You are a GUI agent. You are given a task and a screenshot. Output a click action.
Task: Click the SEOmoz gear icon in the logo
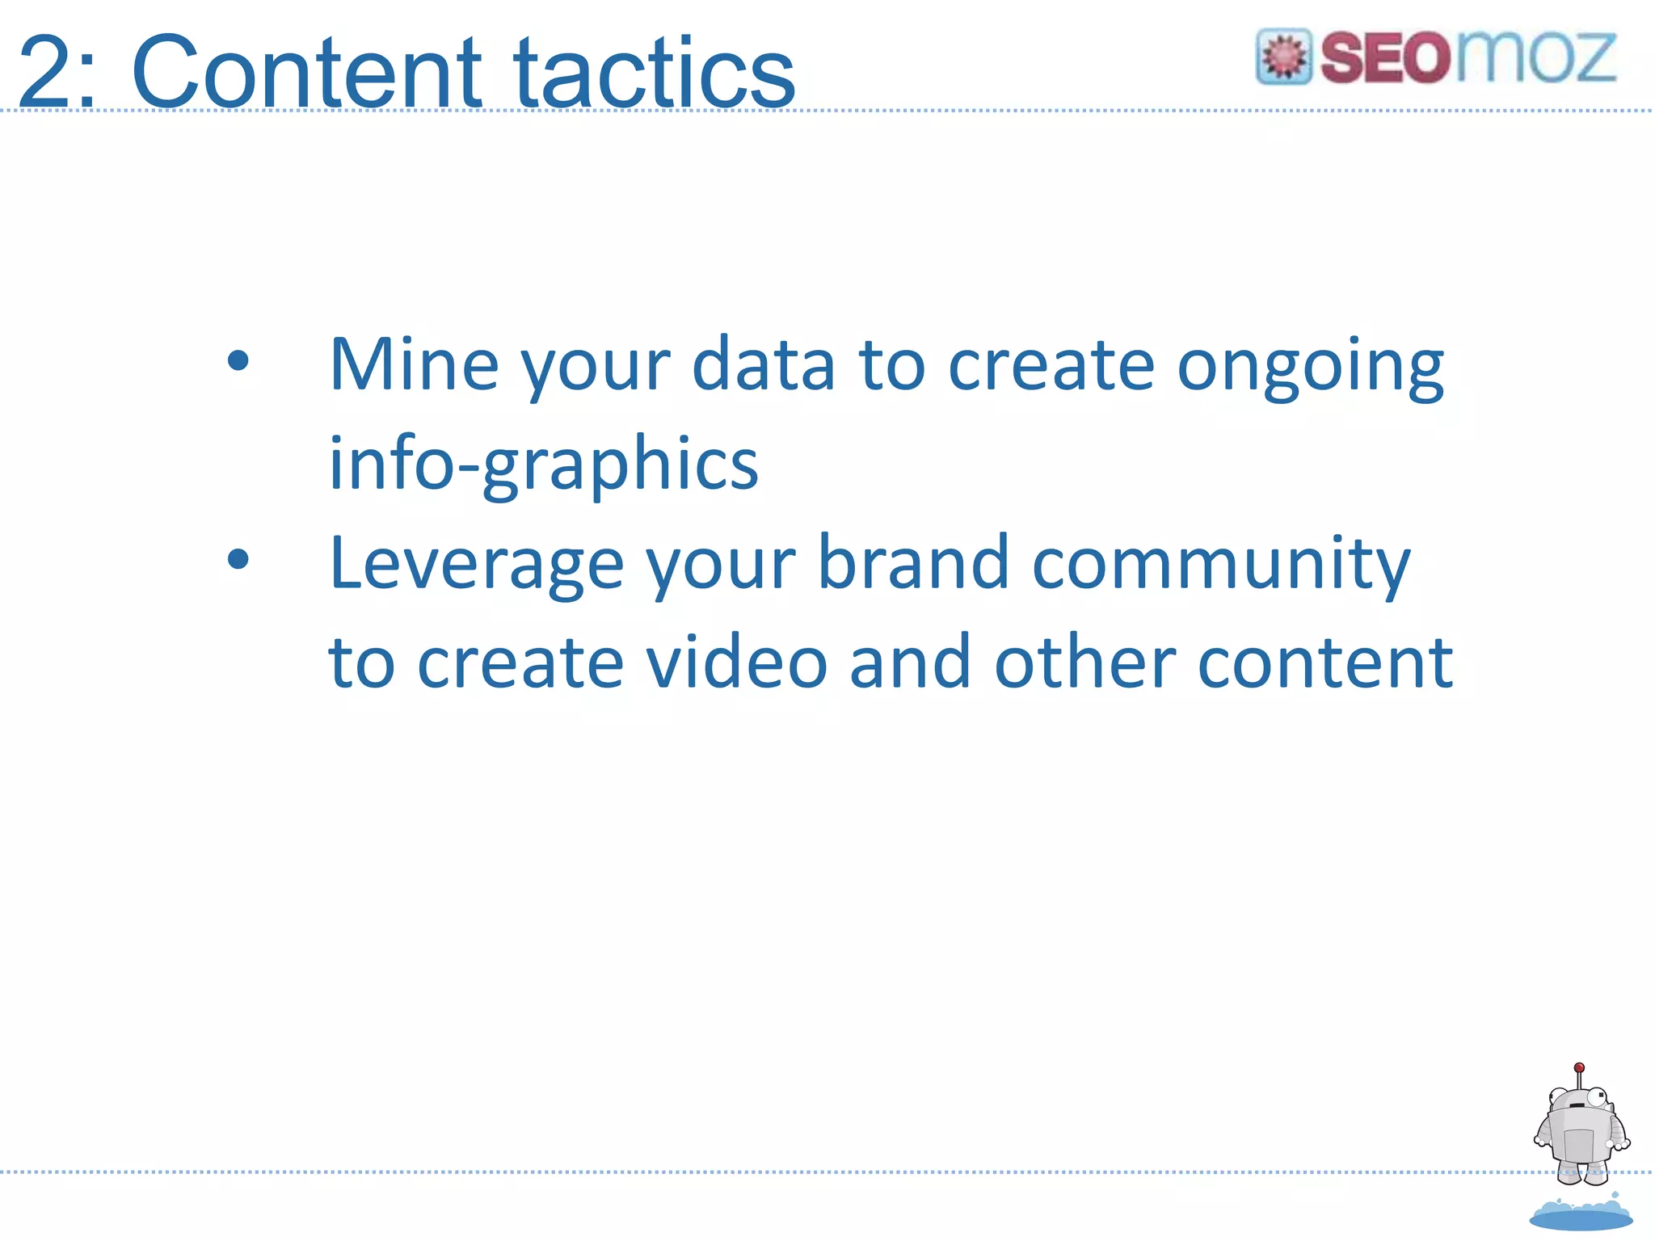(x=1283, y=57)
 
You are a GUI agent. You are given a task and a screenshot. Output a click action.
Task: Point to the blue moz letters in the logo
(x=1535, y=58)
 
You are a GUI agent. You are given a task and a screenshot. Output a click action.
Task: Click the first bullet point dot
(x=238, y=361)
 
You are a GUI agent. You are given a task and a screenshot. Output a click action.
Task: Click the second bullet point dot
(x=238, y=559)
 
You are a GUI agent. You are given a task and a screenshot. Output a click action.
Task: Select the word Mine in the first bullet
(x=414, y=365)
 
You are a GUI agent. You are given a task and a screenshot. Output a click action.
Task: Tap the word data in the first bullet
(x=763, y=365)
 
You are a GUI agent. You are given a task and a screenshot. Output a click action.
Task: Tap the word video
(x=737, y=663)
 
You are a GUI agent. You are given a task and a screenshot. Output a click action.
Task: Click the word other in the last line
(x=1084, y=663)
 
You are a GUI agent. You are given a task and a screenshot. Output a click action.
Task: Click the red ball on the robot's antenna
(x=1579, y=1067)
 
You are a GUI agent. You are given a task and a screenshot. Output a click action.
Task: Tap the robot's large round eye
(x=1597, y=1097)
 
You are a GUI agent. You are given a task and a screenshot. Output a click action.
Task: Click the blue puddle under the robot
(x=1581, y=1216)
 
